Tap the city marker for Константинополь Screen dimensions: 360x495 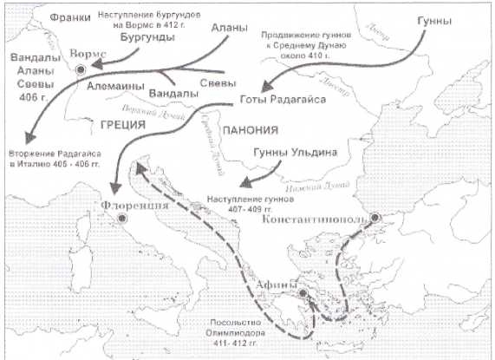374,218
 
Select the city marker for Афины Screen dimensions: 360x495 302,293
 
